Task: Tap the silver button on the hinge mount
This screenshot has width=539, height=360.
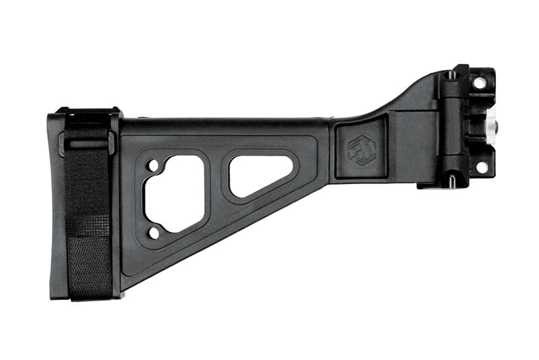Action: click(x=491, y=122)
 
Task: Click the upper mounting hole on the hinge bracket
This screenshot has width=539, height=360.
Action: click(x=479, y=83)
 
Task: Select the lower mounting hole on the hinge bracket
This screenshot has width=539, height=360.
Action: click(x=481, y=166)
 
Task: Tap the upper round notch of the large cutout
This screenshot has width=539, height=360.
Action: click(x=152, y=164)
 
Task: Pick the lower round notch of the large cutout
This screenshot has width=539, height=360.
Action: click(x=153, y=233)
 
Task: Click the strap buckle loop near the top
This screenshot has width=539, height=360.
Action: click(x=86, y=144)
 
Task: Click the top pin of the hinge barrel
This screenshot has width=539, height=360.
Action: click(x=449, y=76)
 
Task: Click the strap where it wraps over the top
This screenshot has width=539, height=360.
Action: click(x=88, y=115)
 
